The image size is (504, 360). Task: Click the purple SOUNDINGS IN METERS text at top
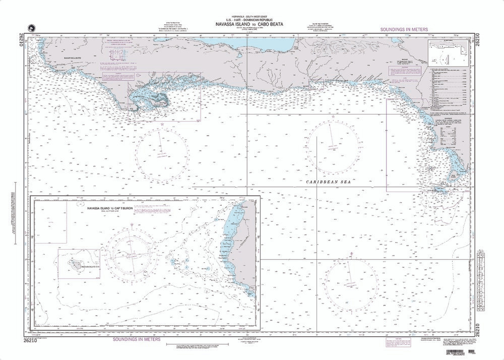404,30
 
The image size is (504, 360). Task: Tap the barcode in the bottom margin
472,351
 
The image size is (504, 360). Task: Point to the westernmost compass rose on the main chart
162,150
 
